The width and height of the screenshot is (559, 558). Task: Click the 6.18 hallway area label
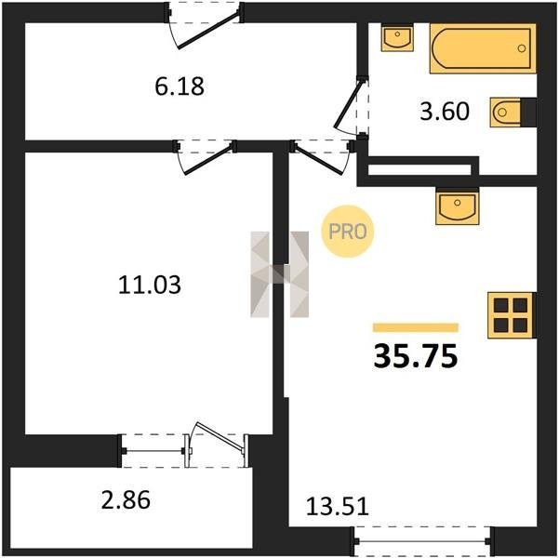click(x=180, y=86)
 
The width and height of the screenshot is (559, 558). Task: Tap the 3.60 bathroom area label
click(x=445, y=112)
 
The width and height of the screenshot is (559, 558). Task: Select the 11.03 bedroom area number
click(x=150, y=285)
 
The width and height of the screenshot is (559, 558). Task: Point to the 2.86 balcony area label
click(x=126, y=499)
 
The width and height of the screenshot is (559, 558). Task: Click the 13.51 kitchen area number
click(x=338, y=507)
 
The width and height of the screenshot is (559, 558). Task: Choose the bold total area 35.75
click(x=416, y=356)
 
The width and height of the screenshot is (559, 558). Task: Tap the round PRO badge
click(x=347, y=231)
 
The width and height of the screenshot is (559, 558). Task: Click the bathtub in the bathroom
click(x=483, y=48)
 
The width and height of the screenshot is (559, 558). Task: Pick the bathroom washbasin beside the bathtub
click(x=397, y=37)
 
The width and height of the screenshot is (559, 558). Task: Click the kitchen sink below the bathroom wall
click(x=458, y=206)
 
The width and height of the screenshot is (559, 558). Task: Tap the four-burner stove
click(x=511, y=315)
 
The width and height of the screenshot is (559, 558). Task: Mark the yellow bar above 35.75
click(x=416, y=327)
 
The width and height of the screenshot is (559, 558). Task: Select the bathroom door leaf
click(x=348, y=103)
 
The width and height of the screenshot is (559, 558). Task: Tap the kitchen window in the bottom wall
click(x=422, y=541)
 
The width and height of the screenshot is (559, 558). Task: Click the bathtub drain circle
click(x=522, y=48)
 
